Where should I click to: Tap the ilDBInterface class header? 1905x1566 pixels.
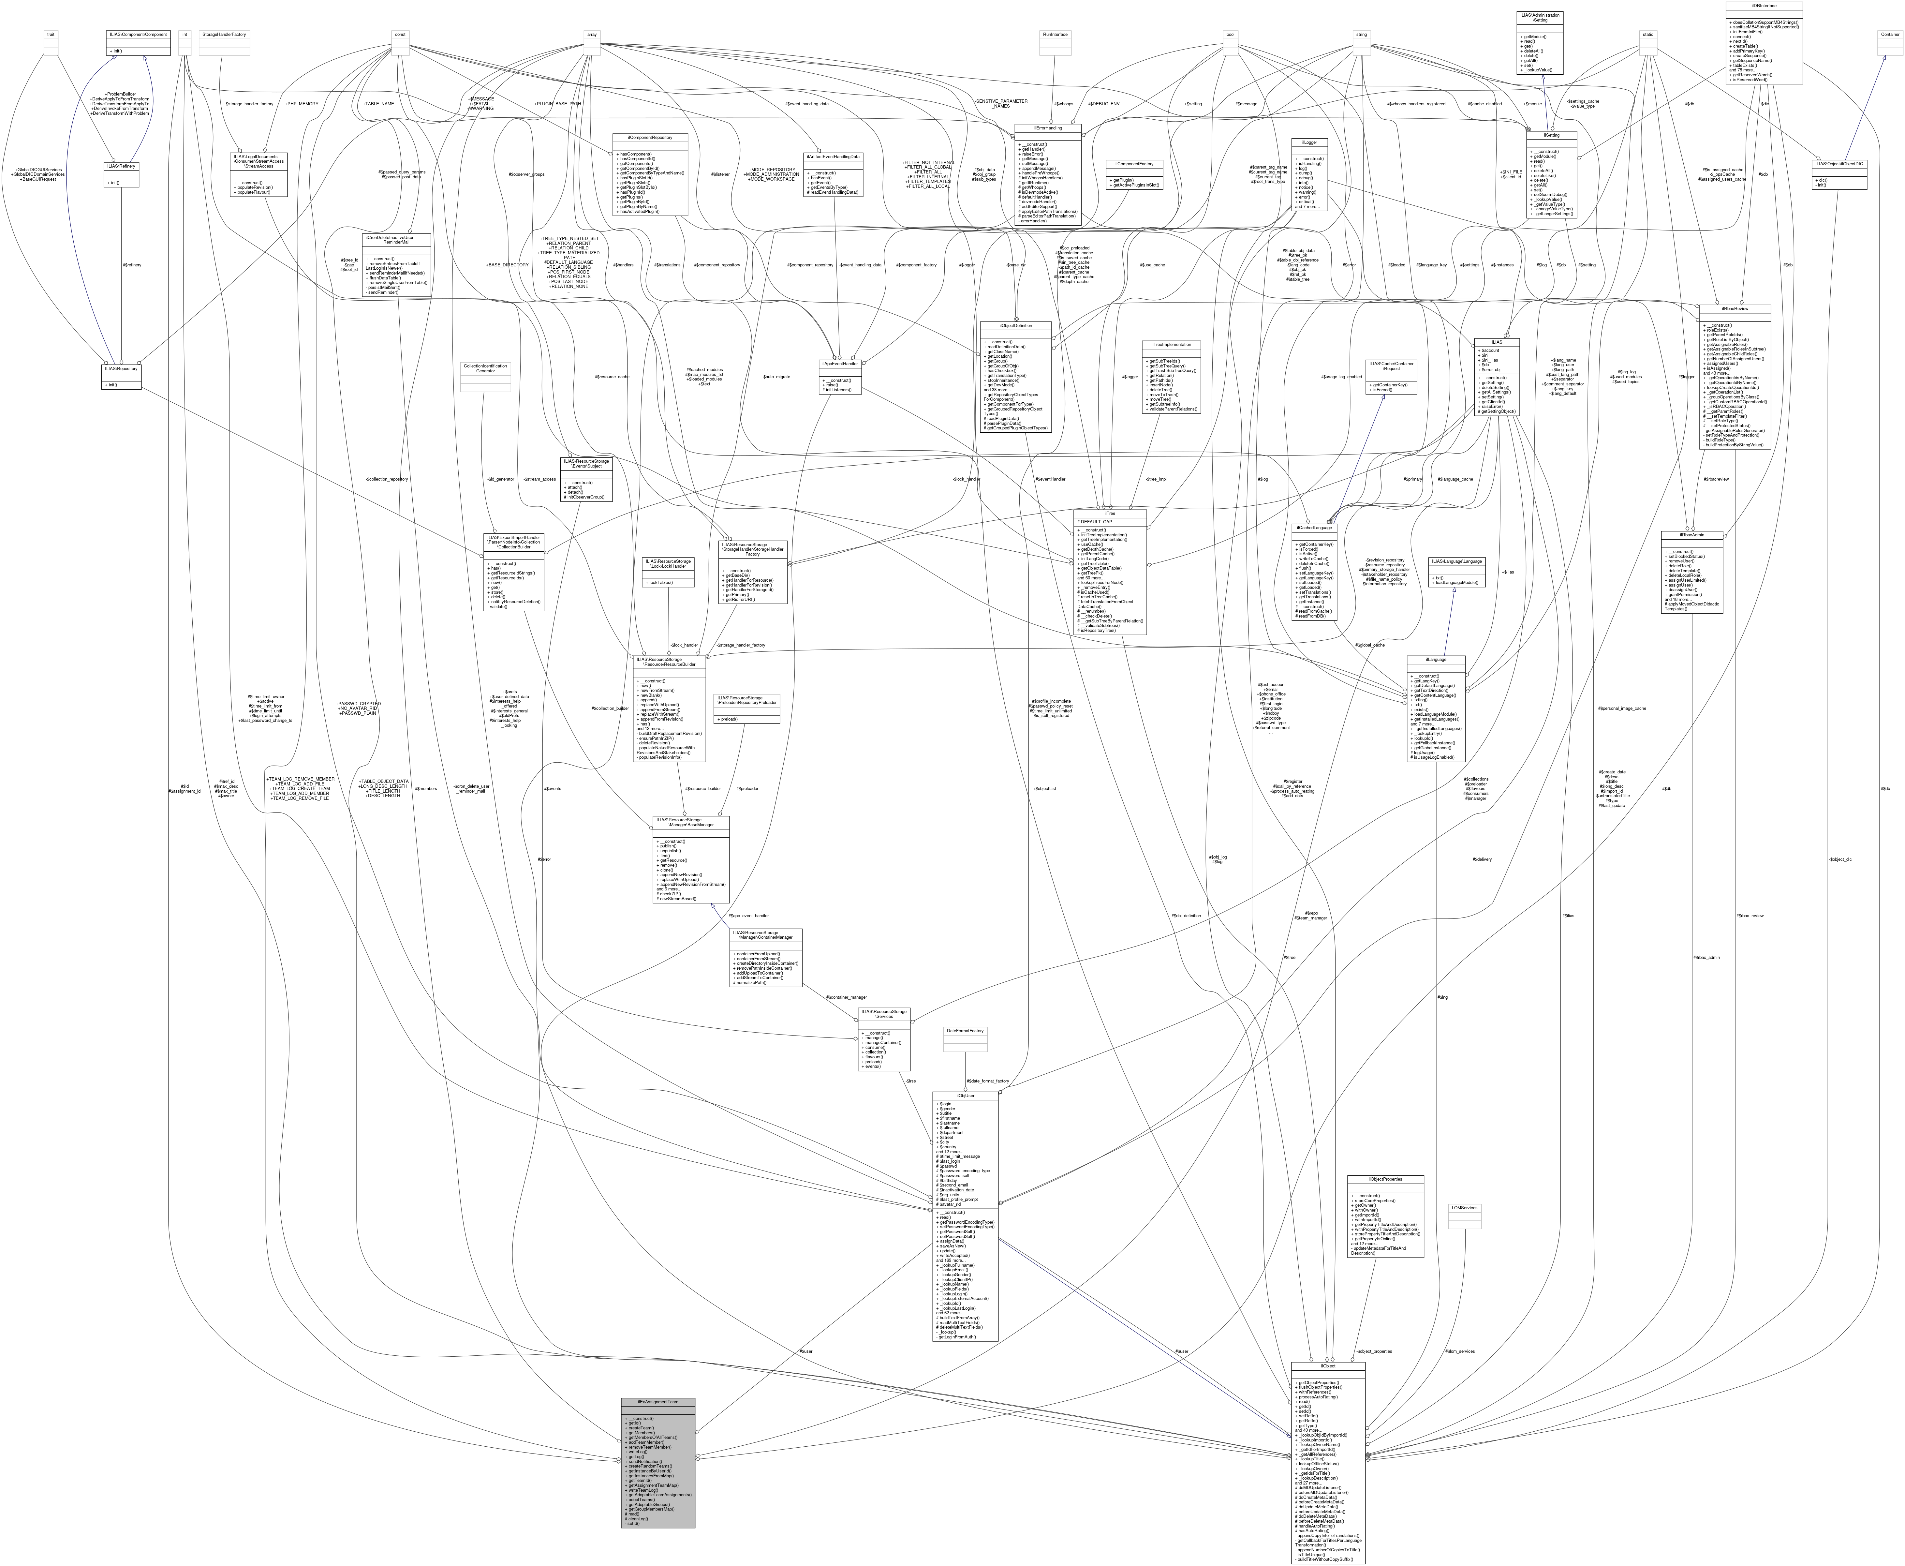click(1764, 6)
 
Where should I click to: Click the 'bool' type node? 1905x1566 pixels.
click(1229, 34)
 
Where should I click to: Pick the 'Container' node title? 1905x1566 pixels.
click(1889, 34)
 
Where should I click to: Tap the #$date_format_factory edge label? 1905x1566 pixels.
click(988, 1081)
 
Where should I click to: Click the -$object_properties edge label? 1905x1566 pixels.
click(1374, 1351)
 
